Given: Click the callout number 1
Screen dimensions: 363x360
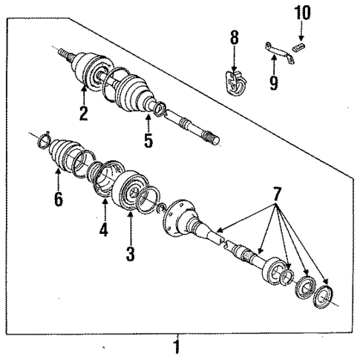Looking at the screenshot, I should click(176, 346).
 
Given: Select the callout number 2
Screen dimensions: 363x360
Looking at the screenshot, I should click(84, 114).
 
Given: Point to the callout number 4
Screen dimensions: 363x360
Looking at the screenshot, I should click(103, 230).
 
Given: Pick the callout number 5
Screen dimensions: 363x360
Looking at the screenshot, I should click(148, 140).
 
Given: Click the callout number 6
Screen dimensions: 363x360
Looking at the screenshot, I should click(59, 199).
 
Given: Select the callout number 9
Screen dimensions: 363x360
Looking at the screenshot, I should click(274, 82).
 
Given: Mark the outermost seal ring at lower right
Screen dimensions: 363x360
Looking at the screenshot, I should click(324, 295).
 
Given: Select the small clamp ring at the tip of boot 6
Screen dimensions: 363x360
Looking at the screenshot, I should click(44, 138).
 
